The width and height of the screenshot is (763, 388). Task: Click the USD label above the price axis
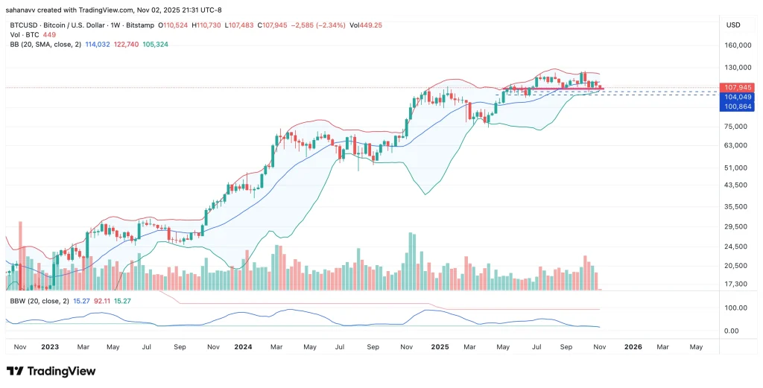click(x=732, y=25)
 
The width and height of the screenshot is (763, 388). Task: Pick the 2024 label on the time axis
click(x=243, y=347)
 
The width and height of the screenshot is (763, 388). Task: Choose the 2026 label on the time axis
click(x=633, y=347)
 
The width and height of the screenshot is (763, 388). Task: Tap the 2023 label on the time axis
click(x=51, y=347)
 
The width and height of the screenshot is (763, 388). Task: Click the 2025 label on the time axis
click(x=440, y=347)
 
